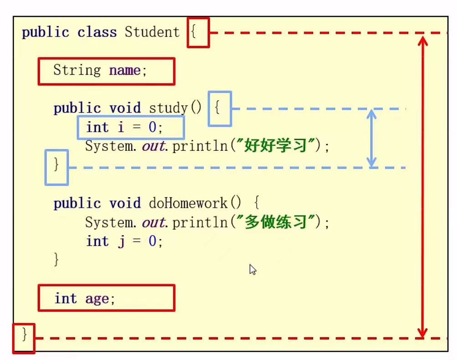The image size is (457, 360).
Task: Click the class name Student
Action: pyautogui.click(x=152, y=32)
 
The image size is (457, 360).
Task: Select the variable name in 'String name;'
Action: pyautogui.click(x=124, y=71)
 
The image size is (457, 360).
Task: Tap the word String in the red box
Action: pyautogui.click(x=77, y=71)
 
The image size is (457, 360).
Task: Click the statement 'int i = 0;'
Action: pyautogui.click(x=124, y=127)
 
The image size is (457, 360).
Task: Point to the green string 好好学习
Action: pyautogui.click(x=275, y=146)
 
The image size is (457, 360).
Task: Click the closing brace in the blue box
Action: pyautogui.click(x=56, y=165)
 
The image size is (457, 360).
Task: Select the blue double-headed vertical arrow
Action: pyautogui.click(x=372, y=138)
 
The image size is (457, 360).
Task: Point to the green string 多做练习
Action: pyautogui.click(x=275, y=222)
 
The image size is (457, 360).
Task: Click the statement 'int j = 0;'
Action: pyautogui.click(x=124, y=242)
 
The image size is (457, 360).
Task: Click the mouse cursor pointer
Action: pyautogui.click(x=252, y=269)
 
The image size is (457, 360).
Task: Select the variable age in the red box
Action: pyautogui.click(x=97, y=298)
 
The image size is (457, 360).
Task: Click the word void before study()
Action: pyautogui.click(x=125, y=108)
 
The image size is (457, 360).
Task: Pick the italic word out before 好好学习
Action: pyautogui.click(x=154, y=146)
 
